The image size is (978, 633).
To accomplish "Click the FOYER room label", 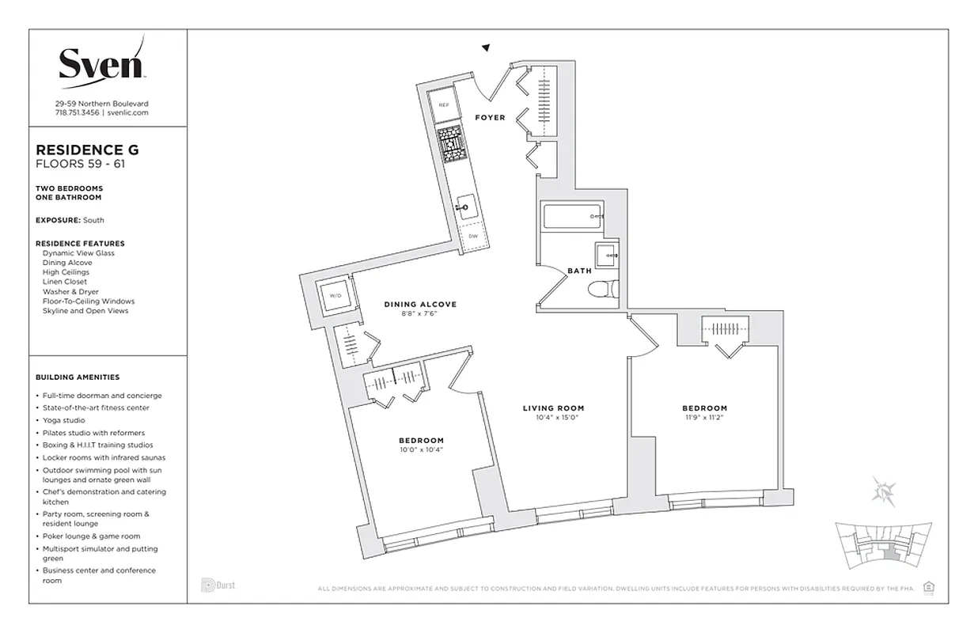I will coord(490,118).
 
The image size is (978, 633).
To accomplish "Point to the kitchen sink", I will coord(464,208).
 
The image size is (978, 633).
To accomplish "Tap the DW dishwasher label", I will coord(472,236).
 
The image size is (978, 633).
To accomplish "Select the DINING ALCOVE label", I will coord(420,305).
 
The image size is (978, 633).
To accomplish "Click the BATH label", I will coord(579,271).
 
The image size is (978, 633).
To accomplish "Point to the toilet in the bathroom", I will coord(605,290).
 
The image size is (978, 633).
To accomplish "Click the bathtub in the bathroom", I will coord(571,216).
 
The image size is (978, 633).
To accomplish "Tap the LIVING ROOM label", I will coord(553,408).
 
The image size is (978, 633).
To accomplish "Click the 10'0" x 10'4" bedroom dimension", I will coord(420,449).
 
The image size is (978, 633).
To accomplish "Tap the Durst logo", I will coord(218,586).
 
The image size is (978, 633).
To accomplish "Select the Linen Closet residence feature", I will coord(65,282).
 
